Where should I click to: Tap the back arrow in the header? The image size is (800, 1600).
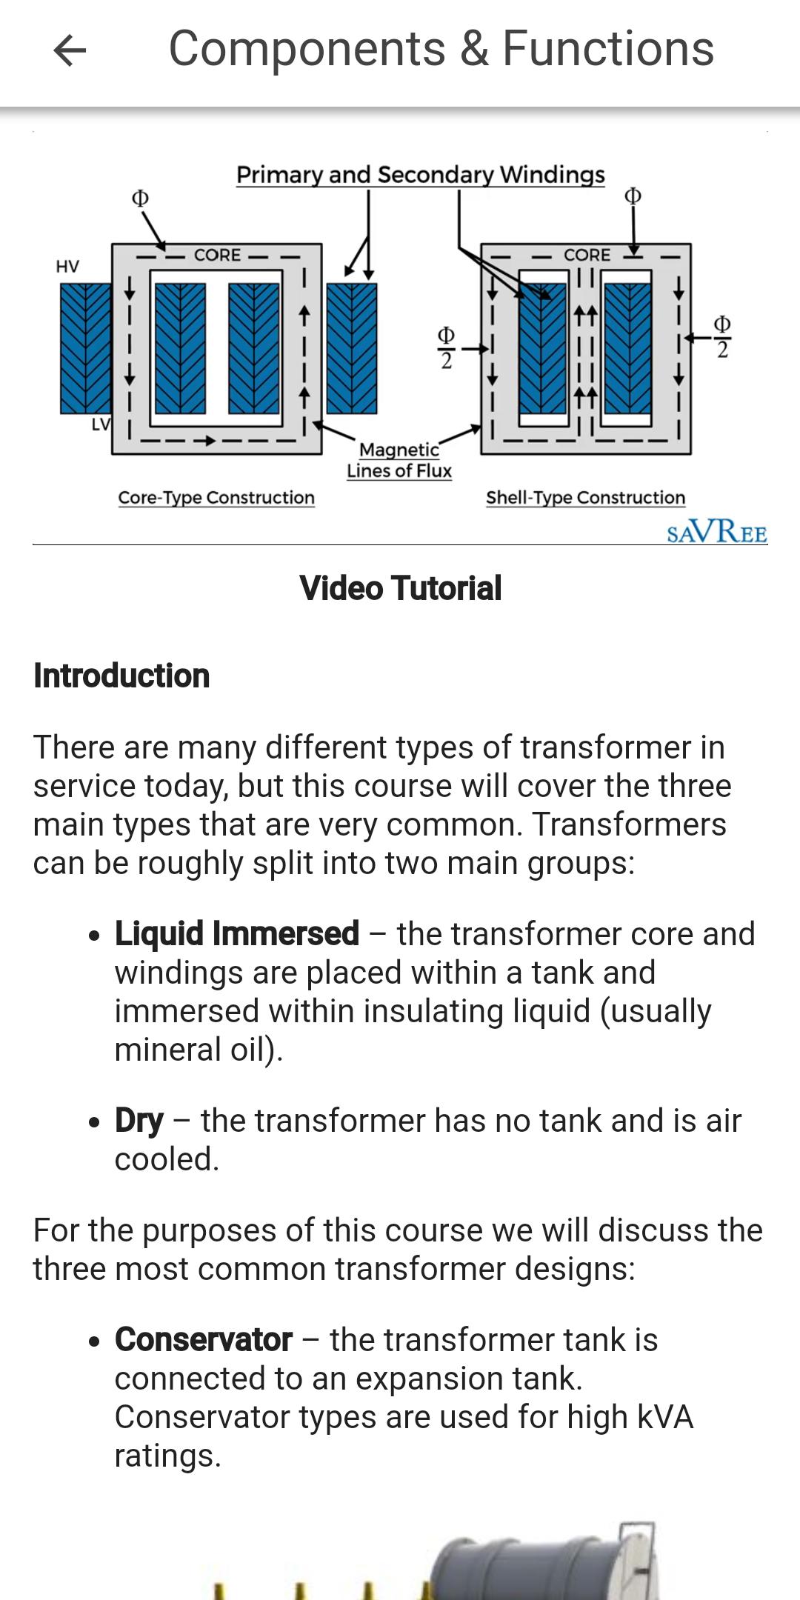tap(70, 50)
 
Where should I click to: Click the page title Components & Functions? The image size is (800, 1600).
tap(441, 49)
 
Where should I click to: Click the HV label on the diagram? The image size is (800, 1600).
tap(67, 267)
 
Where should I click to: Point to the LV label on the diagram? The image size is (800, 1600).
tap(100, 424)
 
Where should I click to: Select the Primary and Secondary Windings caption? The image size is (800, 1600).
tap(421, 175)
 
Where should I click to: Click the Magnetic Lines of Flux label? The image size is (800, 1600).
tap(399, 460)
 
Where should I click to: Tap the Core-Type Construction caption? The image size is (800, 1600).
tap(216, 498)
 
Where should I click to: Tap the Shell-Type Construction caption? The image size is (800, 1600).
tap(585, 498)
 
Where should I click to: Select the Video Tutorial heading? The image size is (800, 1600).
tap(401, 588)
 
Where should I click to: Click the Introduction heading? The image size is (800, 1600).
tap(121, 676)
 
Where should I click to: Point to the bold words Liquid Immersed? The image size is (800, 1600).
tap(237, 933)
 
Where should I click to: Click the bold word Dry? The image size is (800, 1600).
tap(139, 1121)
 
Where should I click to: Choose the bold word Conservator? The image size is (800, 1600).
tap(204, 1339)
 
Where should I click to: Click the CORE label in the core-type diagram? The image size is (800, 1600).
tap(217, 255)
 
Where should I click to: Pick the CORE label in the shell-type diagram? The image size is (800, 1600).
tap(587, 255)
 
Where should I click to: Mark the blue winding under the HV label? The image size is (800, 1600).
tap(85, 348)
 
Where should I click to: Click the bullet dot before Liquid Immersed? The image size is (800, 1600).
tap(93, 936)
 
